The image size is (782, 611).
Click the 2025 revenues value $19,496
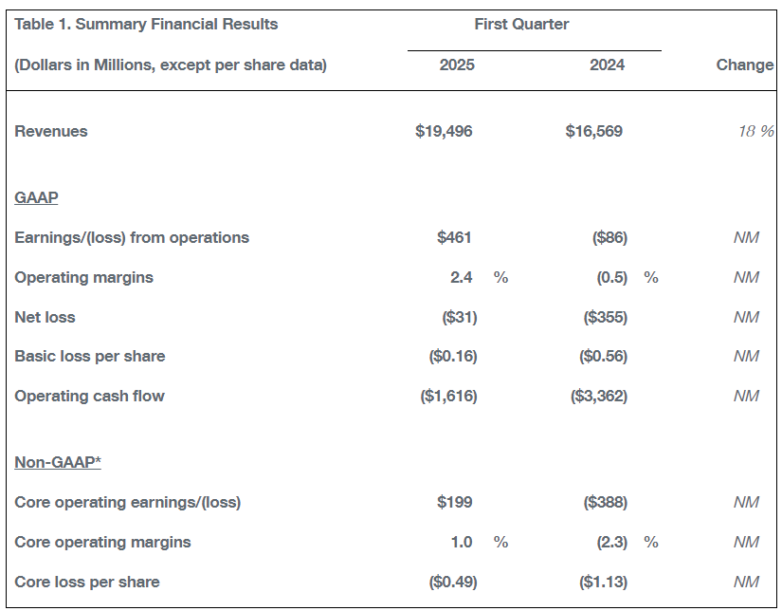pyautogui.click(x=444, y=131)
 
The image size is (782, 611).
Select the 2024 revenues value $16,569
pyautogui.click(x=593, y=131)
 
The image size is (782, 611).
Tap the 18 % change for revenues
pyautogui.click(x=756, y=131)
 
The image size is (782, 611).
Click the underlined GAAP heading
pyautogui.click(x=36, y=197)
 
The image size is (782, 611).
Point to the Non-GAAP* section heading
pyautogui.click(x=58, y=462)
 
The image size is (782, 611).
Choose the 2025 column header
pyautogui.click(x=457, y=65)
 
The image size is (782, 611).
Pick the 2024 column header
pyautogui.click(x=607, y=65)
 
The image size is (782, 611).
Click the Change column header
pyautogui.click(x=745, y=65)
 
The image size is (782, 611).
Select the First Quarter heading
pyautogui.click(x=521, y=24)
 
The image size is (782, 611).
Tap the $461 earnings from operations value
pyautogui.click(x=454, y=237)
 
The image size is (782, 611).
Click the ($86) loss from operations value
pyautogui.click(x=609, y=237)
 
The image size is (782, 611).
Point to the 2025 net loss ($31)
pyautogui.click(x=460, y=318)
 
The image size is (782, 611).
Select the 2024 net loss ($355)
pyautogui.click(x=605, y=318)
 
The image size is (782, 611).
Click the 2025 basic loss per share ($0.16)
pyautogui.click(x=453, y=357)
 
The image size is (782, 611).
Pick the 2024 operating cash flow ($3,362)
pyautogui.click(x=598, y=397)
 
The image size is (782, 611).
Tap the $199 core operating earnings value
pyautogui.click(x=454, y=502)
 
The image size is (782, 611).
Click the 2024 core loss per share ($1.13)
pyautogui.click(x=603, y=582)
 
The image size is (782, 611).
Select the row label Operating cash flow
pyautogui.click(x=89, y=397)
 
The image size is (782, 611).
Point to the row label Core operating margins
pyautogui.click(x=102, y=542)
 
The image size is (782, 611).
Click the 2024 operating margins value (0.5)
pyautogui.click(x=612, y=278)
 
